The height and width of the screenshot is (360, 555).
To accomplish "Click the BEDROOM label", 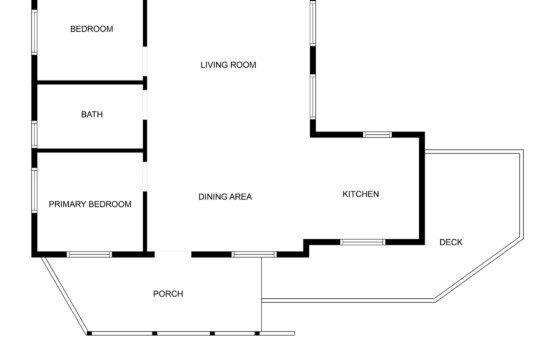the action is pyautogui.click(x=92, y=29).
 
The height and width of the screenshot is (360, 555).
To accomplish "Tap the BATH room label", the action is pyautogui.click(x=92, y=114).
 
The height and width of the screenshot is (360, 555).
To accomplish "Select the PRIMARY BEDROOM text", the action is pyautogui.click(x=90, y=204).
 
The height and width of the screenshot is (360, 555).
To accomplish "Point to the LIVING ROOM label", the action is pyautogui.click(x=228, y=65).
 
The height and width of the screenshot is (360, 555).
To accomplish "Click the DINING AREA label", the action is pyautogui.click(x=225, y=197).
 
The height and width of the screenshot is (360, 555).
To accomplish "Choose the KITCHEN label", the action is pyautogui.click(x=361, y=194).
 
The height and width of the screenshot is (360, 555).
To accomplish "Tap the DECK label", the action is pyautogui.click(x=451, y=242).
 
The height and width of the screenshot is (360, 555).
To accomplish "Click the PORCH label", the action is pyautogui.click(x=168, y=294).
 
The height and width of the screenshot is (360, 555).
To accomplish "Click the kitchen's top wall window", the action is pyautogui.click(x=377, y=135).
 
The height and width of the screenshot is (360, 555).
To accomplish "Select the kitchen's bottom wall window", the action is pyautogui.click(x=363, y=242).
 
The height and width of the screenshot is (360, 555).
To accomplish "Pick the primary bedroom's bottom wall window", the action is pyautogui.click(x=89, y=255).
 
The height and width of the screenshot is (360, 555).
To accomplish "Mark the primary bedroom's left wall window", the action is pyautogui.click(x=34, y=191).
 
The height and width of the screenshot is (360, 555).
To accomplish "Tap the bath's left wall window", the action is pyautogui.click(x=34, y=134).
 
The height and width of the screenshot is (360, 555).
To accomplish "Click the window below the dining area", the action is pyautogui.click(x=254, y=255).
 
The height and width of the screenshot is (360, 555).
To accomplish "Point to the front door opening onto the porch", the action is pyautogui.click(x=173, y=253).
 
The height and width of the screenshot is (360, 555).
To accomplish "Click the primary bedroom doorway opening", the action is pyautogui.click(x=145, y=176).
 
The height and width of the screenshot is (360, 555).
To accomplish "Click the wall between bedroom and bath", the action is pyautogui.click(x=90, y=82).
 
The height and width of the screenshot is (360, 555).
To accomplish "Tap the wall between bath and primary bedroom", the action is pyautogui.click(x=90, y=151).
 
